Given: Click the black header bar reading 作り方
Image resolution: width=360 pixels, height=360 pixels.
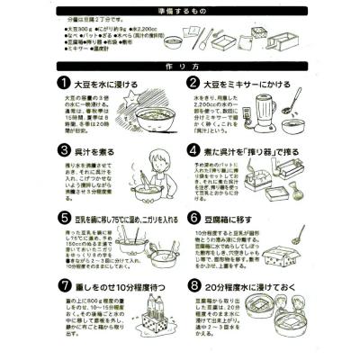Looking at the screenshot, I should click(180, 66).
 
